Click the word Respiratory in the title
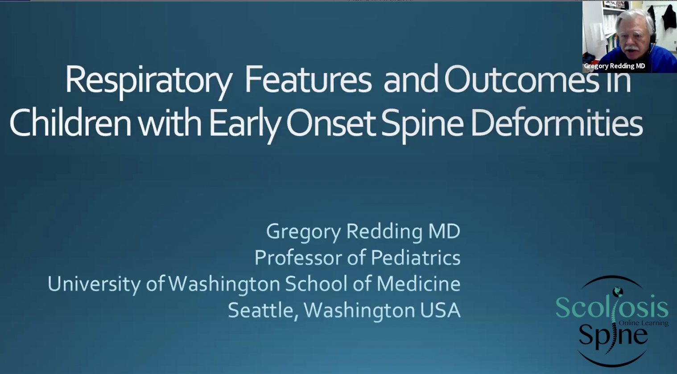point(149,81)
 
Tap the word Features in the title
point(308,80)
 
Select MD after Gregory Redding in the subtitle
point(444,231)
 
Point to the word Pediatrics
point(416,258)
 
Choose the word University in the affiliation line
point(94,284)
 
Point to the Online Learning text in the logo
point(644,323)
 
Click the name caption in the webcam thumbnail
point(615,66)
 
